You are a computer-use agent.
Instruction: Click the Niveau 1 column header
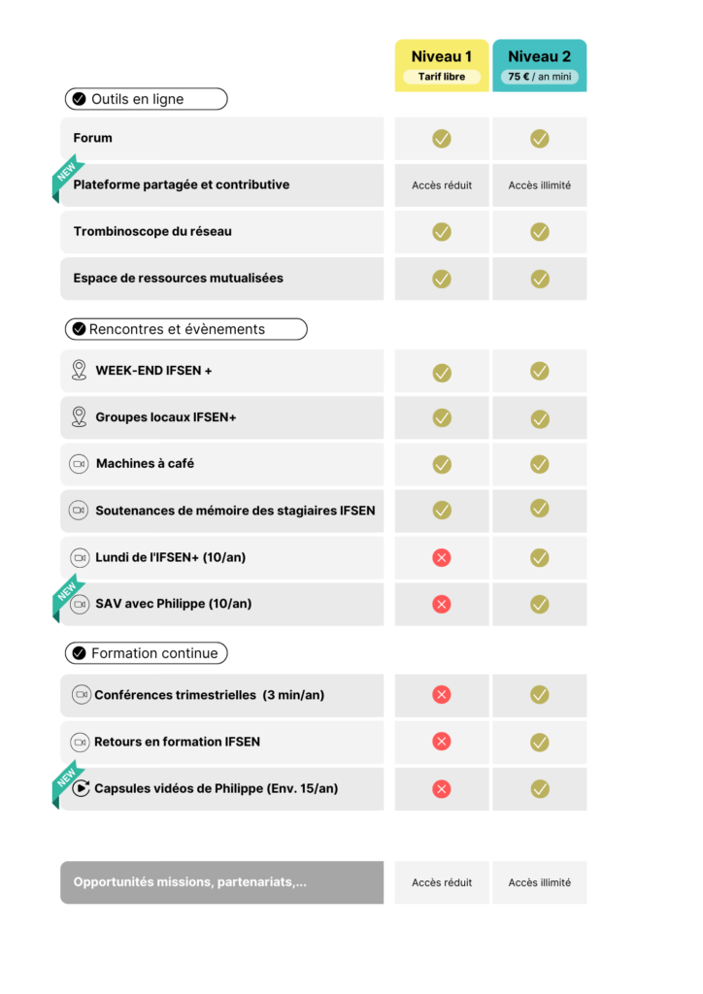click(442, 57)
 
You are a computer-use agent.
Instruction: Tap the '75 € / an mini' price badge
click(540, 77)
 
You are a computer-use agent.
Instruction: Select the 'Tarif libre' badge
click(442, 77)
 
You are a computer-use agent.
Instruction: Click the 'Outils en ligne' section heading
click(146, 99)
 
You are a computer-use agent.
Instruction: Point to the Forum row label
click(93, 138)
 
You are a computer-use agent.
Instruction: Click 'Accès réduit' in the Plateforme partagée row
click(442, 185)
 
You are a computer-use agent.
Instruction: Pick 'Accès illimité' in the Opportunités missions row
click(540, 882)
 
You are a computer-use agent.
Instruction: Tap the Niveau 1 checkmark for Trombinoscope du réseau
click(442, 232)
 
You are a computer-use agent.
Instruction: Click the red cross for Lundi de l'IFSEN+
click(442, 557)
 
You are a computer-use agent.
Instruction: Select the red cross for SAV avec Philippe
click(442, 604)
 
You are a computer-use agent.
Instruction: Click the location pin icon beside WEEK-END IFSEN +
click(80, 370)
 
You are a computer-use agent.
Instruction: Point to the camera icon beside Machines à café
click(79, 464)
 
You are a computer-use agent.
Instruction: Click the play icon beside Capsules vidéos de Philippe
click(82, 788)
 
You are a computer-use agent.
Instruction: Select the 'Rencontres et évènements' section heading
click(185, 329)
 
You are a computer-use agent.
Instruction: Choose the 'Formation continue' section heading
click(146, 653)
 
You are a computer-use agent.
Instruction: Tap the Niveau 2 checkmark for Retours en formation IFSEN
click(540, 742)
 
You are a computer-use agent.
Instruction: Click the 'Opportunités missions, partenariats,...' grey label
click(190, 882)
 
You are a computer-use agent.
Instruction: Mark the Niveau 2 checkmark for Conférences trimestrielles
click(540, 695)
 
